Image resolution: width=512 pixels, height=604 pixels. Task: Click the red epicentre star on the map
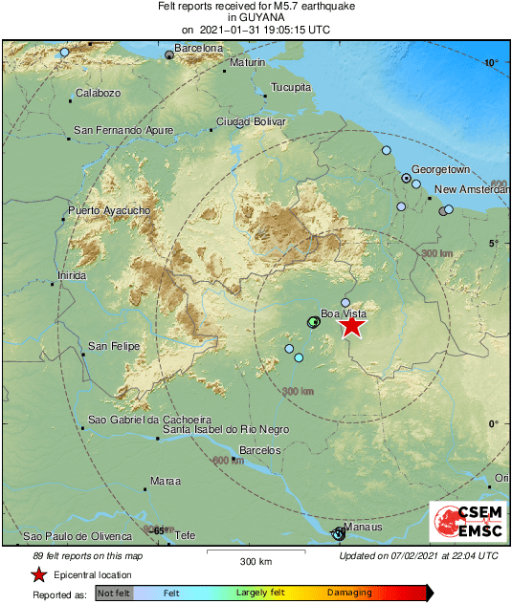pyautogui.click(x=352, y=326)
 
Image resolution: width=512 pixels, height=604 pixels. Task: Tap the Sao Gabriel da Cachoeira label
pyautogui.click(x=148, y=420)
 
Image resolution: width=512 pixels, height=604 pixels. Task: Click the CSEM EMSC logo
pyautogui.click(x=467, y=522)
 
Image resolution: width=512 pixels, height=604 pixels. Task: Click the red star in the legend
pyautogui.click(x=38, y=574)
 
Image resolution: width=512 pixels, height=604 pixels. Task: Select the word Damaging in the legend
pyautogui.click(x=349, y=593)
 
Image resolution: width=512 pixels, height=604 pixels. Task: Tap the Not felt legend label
pyautogui.click(x=115, y=593)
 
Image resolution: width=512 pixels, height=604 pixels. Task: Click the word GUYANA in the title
pyautogui.click(x=256, y=17)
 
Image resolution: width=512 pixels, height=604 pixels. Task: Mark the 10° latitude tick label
pyautogui.click(x=491, y=63)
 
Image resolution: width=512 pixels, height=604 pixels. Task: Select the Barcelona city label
pyautogui.click(x=199, y=48)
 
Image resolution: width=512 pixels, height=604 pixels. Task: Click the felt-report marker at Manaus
pyautogui.click(x=338, y=533)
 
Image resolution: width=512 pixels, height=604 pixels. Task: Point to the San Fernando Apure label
pyautogui.click(x=123, y=129)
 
